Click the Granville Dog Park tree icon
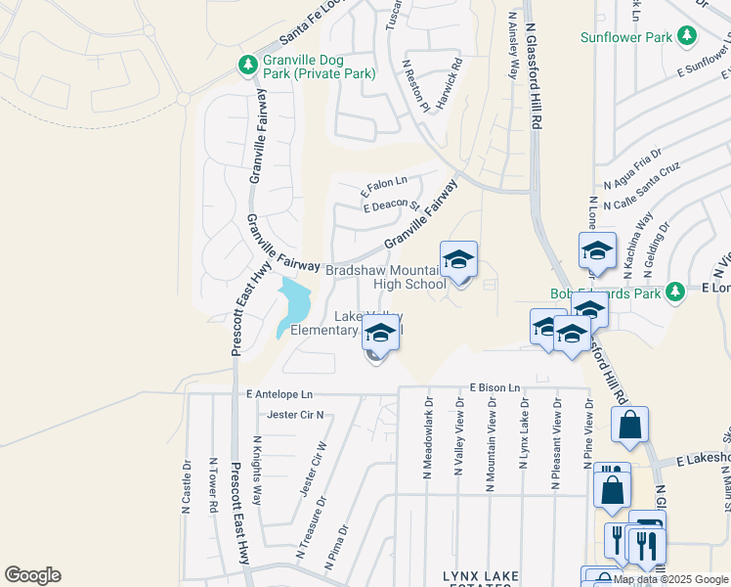(x=248, y=65)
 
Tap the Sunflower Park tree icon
(x=688, y=37)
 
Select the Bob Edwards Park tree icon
(x=674, y=292)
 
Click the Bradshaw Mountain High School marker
(x=458, y=262)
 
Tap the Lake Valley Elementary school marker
(x=379, y=336)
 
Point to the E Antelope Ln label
(x=279, y=394)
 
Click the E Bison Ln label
(x=494, y=388)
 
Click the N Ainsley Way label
(x=513, y=45)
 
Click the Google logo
(x=32, y=575)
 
